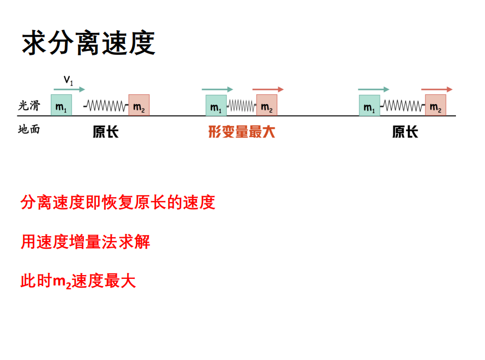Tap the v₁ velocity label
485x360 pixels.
tap(69, 80)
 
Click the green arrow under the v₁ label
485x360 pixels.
tap(70, 89)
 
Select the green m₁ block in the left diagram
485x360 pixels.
tap(61, 105)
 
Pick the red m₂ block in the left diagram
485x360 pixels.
tap(139, 105)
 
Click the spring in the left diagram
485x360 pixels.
tap(106, 105)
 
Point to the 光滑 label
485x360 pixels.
tap(28, 106)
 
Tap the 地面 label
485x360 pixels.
tap(28, 130)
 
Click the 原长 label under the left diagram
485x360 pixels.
tap(105, 132)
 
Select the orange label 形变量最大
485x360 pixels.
tap(242, 132)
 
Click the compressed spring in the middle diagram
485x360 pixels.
tap(242, 105)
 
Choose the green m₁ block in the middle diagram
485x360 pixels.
tap(216, 105)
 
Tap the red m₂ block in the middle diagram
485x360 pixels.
tap(267, 105)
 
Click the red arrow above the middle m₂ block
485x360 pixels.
tap(268, 89)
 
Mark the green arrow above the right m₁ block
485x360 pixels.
tap(373, 89)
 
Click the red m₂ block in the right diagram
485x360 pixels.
tap(436, 105)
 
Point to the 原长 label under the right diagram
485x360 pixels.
tap(405, 132)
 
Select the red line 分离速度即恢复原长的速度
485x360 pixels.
tap(118, 203)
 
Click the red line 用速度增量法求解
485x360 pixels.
tap(85, 242)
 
